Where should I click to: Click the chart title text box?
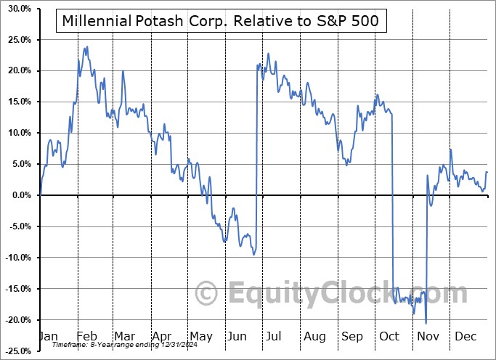(x=221, y=22)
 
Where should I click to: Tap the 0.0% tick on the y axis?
(x=20, y=195)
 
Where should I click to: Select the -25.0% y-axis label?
(x=17, y=351)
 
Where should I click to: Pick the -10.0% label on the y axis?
(x=17, y=258)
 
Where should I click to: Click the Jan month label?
(x=47, y=337)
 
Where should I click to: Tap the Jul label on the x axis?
(x=274, y=337)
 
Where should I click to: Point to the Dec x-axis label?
(x=465, y=337)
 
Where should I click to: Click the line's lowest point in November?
(x=426, y=323)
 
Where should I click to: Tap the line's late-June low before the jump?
(x=253, y=254)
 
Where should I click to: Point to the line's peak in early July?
(x=269, y=53)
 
